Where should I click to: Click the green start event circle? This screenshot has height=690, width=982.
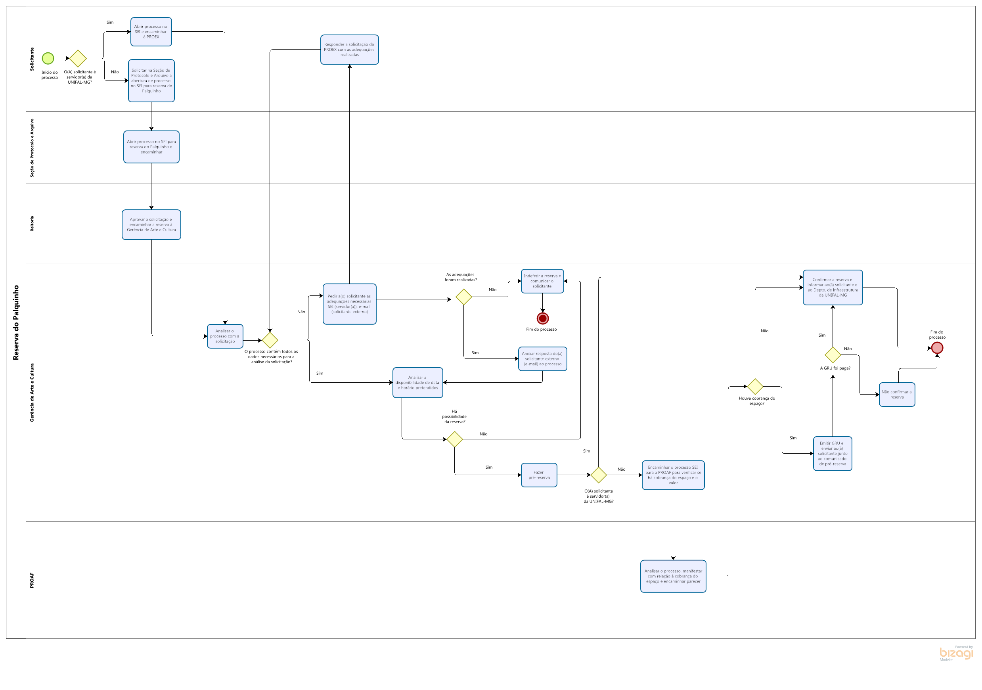pos(48,58)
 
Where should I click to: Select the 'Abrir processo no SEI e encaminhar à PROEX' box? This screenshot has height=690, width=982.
pos(151,32)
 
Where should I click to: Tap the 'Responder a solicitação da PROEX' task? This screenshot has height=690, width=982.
pos(349,50)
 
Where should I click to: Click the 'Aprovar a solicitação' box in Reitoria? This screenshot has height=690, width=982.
pos(151,224)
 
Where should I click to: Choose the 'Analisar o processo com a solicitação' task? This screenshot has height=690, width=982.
pos(225,336)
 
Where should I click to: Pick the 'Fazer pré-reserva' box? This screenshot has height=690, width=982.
pos(539,475)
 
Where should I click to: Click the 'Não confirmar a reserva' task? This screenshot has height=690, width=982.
pos(897,395)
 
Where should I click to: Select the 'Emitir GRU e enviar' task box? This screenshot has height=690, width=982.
pos(832,453)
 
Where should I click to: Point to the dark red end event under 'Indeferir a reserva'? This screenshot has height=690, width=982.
pos(543,318)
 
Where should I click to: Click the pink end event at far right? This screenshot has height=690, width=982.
pos(937,348)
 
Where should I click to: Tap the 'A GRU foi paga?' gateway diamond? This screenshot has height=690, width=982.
pos(833,355)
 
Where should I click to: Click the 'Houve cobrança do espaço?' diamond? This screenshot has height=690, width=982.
pos(755,386)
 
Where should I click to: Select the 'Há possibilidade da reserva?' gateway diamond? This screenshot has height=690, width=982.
pos(455,439)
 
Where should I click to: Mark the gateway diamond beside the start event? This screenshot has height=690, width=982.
pos(78,58)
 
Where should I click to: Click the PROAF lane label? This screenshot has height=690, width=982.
pos(32,580)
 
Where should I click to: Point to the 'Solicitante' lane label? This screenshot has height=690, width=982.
pos(32,59)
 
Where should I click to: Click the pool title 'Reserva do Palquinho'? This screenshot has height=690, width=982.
pos(16,322)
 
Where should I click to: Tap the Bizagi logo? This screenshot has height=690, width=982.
pos(956,653)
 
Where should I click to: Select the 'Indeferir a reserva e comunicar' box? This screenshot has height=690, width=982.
pos(542,281)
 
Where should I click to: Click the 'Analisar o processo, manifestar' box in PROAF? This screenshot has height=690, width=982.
pos(673,576)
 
